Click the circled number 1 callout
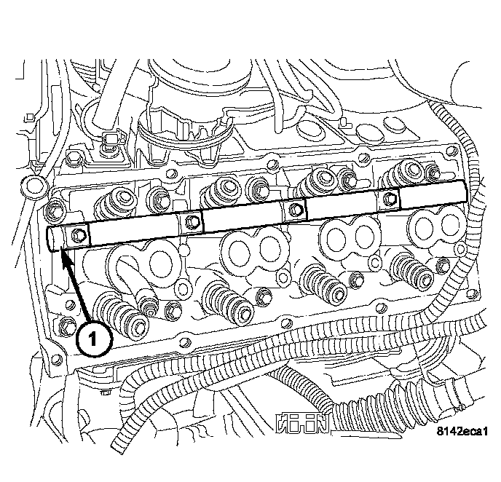[x=94, y=339]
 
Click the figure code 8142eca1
[x=462, y=432]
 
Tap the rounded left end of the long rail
[x=53, y=239]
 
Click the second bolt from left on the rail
[x=191, y=221]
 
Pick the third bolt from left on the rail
[x=295, y=210]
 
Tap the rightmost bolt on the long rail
[x=389, y=199]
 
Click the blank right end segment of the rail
[x=433, y=194]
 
